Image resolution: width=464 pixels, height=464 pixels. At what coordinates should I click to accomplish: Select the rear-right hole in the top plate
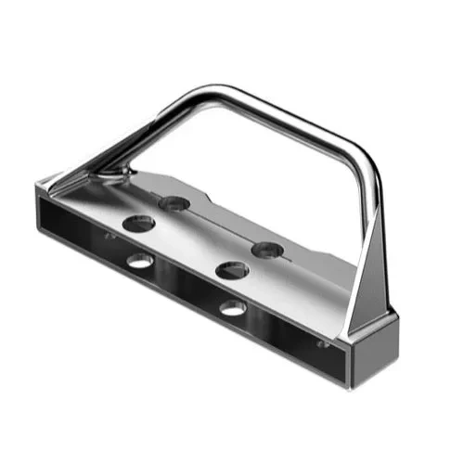coord(266,249)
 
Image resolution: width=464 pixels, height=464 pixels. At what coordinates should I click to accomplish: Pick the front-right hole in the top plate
coord(231,270)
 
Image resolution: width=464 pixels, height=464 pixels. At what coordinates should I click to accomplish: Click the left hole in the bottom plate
coord(140,261)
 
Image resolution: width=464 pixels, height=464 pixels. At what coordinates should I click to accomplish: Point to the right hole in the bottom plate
coord(233,306)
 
